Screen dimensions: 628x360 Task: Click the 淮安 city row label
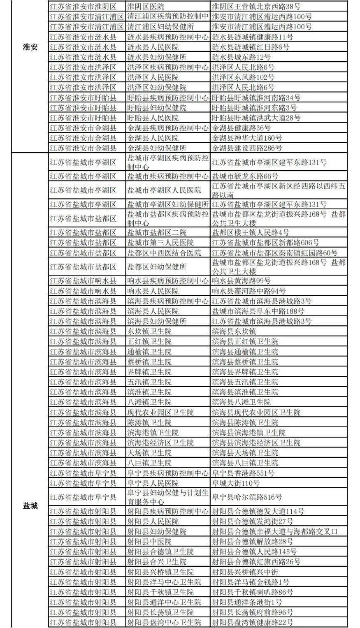tap(30, 47)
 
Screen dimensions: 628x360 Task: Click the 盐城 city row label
tap(30, 505)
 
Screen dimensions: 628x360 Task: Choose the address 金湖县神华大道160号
tap(246, 138)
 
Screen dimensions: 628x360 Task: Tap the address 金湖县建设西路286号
tap(246, 148)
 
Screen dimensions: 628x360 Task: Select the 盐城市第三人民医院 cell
tap(160, 243)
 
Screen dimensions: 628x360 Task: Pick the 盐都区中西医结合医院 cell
tap(164, 253)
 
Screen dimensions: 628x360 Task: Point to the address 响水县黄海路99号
tap(241, 281)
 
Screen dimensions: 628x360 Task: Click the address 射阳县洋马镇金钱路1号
tap(250, 582)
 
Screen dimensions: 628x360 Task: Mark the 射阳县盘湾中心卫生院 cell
tap(164, 622)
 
